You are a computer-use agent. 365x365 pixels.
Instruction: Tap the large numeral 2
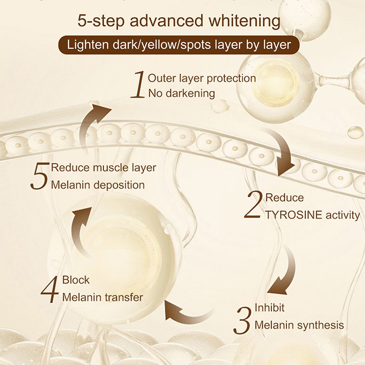tap(253, 207)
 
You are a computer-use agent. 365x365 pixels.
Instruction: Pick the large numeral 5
tap(40, 177)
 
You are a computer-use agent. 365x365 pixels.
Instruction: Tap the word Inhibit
tap(269, 308)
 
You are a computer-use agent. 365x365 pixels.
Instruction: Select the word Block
tap(76, 280)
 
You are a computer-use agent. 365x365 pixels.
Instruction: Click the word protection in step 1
tap(231, 78)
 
